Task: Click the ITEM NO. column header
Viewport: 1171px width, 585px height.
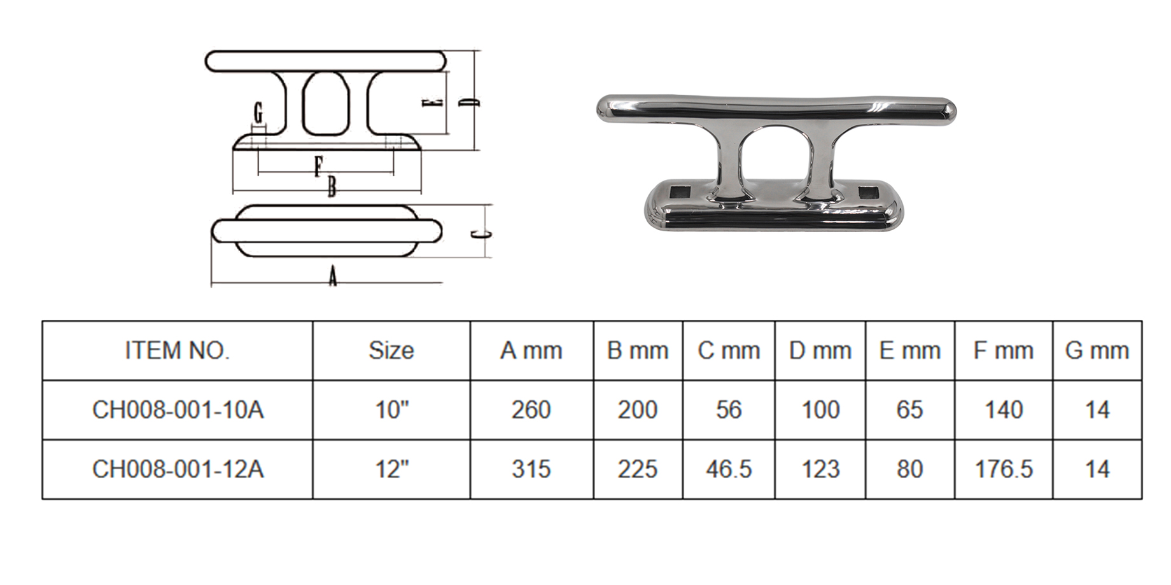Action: tap(177, 350)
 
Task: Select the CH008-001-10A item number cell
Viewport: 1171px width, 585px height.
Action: tap(178, 410)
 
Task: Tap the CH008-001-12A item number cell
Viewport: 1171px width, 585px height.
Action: tap(178, 469)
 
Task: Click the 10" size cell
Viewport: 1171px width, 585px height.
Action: tap(391, 410)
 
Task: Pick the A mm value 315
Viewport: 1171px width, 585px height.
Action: tap(531, 469)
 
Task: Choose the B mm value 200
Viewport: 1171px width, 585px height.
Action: tap(638, 410)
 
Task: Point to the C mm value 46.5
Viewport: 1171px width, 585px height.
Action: tap(729, 469)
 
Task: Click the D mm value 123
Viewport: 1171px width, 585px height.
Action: tap(820, 469)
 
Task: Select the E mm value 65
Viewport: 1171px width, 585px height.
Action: tap(909, 410)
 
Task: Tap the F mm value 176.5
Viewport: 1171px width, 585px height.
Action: tap(1004, 469)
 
